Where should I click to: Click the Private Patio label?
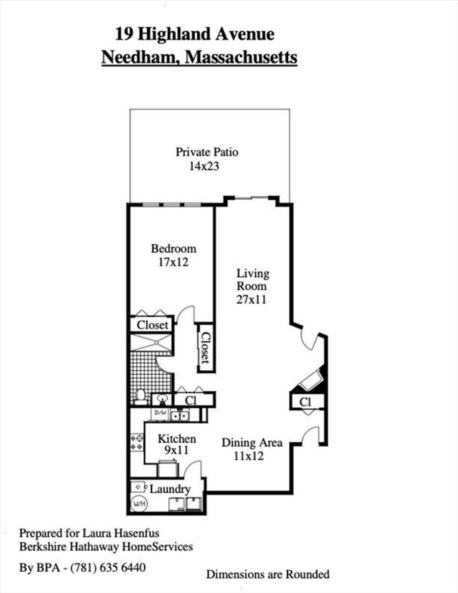click(207, 152)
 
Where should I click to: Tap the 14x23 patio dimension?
click(204, 166)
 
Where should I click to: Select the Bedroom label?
click(174, 249)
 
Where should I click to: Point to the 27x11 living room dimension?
click(251, 300)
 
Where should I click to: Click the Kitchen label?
click(177, 439)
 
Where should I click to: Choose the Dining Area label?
click(252, 443)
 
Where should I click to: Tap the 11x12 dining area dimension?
click(249, 456)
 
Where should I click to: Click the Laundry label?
click(170, 489)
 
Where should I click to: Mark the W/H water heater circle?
click(139, 504)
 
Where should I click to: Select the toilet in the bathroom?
click(140, 397)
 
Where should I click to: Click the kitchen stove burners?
click(137, 442)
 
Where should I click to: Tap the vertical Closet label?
click(206, 347)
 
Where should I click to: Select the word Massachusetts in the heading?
click(241, 57)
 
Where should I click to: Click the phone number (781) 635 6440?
click(108, 568)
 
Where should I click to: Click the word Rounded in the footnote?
click(308, 574)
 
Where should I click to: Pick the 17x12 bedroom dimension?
click(174, 262)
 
